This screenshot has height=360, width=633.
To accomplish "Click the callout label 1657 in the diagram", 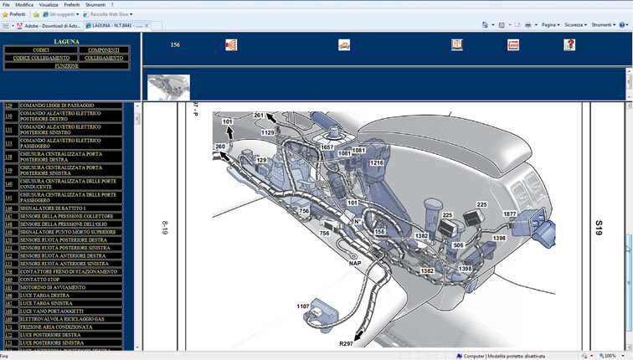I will [327, 147].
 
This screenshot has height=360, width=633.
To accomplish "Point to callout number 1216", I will [377, 163].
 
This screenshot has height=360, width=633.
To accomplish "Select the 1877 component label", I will [509, 214].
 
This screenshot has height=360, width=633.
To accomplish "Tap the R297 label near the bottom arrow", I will [346, 343].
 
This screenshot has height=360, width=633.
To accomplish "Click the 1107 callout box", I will [303, 306].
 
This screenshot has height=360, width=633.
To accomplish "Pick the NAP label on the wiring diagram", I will [355, 263].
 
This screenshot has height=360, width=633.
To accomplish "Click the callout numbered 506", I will [458, 245].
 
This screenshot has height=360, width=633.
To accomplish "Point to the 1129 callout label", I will [267, 132].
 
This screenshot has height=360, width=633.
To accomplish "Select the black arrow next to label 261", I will [273, 119].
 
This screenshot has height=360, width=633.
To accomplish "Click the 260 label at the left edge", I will [220, 147].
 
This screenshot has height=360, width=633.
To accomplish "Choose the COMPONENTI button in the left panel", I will [104, 50].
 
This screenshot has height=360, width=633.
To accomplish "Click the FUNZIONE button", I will [67, 65].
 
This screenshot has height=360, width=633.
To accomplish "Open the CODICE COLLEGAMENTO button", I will [41, 58].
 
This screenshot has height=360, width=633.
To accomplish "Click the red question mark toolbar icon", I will [569, 45].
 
